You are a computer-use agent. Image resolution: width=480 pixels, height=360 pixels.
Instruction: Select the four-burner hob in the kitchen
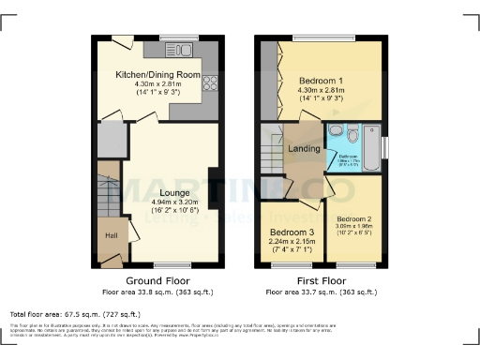point(210,82)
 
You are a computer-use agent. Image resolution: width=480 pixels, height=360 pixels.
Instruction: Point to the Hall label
point(109,235)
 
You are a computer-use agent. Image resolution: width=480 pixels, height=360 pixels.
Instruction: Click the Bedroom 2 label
point(358,218)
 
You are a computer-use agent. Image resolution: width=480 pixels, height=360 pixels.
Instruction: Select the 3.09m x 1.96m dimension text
point(358,227)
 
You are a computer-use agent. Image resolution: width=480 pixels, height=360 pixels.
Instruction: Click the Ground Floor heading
point(157,280)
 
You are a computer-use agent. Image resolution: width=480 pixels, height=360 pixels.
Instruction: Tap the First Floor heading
point(321,280)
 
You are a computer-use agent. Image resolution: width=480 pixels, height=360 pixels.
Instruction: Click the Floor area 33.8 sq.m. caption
point(157,292)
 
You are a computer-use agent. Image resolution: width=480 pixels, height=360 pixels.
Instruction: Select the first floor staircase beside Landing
point(273,150)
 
